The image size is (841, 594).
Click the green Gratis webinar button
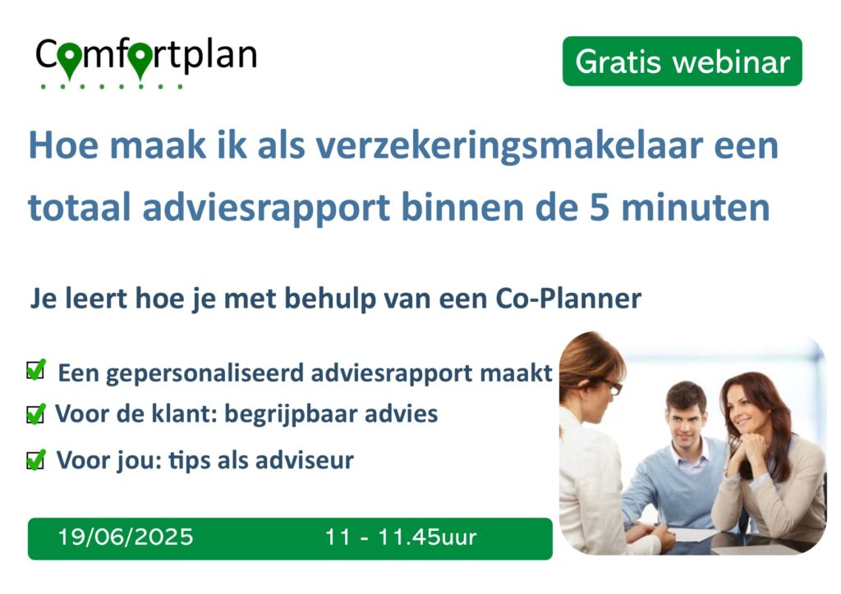(x=682, y=61)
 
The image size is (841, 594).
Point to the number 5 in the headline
(x=599, y=208)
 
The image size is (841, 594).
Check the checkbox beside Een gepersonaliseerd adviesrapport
(x=36, y=369)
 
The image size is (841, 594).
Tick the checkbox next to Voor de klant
(x=36, y=414)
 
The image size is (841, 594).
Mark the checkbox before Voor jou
(x=36, y=459)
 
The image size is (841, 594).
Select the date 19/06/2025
(x=126, y=537)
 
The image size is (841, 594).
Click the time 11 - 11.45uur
(x=400, y=537)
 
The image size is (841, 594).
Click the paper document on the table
(x=692, y=534)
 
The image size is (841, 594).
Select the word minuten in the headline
(x=696, y=208)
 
